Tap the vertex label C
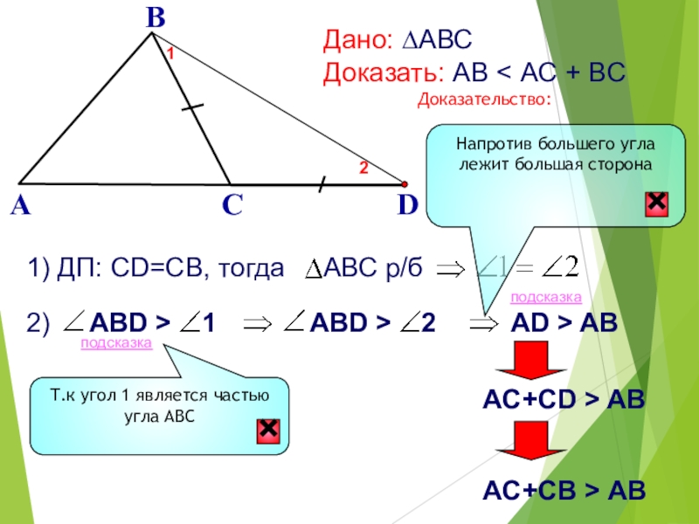pyautogui.click(x=232, y=206)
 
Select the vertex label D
pyautogui.click(x=407, y=205)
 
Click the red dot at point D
pyautogui.click(x=405, y=184)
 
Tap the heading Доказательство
pyautogui.click(x=484, y=100)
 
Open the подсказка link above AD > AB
pyautogui.click(x=545, y=299)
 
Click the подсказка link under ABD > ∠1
pyautogui.click(x=116, y=344)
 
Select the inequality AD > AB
pyautogui.click(x=564, y=323)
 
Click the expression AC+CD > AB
pyautogui.click(x=564, y=400)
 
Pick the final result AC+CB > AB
pyautogui.click(x=564, y=491)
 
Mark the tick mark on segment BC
pyautogui.click(x=193, y=107)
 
